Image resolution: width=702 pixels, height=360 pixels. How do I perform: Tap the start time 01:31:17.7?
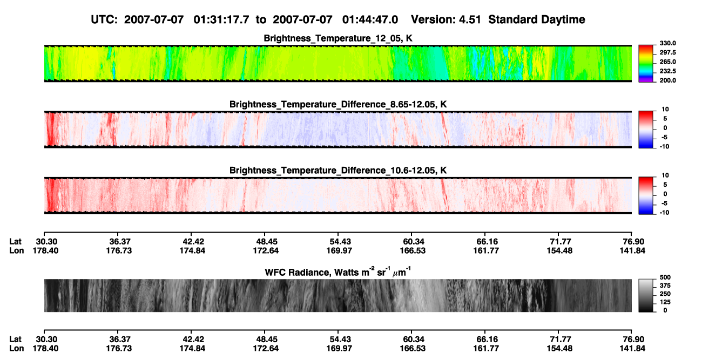pos(221,19)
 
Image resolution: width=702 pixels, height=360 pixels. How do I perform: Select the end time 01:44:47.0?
pos(370,19)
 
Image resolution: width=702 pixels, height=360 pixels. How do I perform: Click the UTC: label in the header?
pos(104,19)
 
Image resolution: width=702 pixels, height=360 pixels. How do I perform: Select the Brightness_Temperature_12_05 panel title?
pos(338,38)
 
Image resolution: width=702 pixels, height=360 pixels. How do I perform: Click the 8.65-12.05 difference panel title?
pos(338,104)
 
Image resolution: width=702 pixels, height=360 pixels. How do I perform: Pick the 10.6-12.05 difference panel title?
pos(338,171)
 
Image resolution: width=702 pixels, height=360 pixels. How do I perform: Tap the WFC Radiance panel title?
pos(338,271)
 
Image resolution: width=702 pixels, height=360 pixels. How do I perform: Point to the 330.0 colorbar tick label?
pos(667,43)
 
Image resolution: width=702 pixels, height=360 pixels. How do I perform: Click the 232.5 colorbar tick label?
pos(667,71)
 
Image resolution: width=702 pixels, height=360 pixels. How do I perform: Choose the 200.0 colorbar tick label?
pos(667,80)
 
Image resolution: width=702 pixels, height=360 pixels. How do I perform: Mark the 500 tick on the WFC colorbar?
pos(665,277)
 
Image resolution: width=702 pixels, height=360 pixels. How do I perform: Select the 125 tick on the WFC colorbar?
pos(665,302)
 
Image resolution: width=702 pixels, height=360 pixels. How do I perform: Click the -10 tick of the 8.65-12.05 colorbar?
pos(664,147)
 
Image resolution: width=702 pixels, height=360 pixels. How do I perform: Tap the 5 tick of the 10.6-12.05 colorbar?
pos(665,185)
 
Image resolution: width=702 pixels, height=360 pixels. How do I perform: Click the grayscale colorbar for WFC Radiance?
pos(646,295)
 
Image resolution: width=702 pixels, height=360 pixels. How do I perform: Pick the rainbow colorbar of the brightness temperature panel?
pos(646,64)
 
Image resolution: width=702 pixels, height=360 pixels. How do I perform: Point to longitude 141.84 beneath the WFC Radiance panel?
pos(632,349)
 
